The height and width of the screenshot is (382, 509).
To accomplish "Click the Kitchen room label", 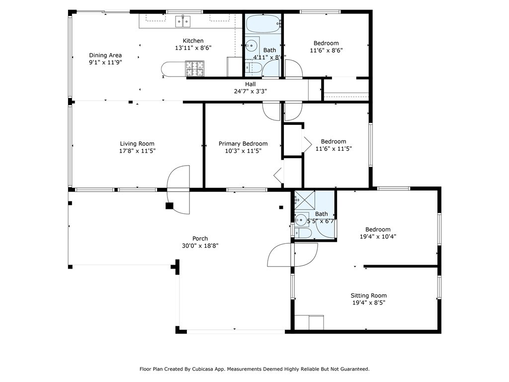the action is click(193, 41).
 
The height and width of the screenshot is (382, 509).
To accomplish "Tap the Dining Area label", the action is click(105, 55).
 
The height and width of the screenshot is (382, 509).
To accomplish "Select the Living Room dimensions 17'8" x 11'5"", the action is click(137, 151).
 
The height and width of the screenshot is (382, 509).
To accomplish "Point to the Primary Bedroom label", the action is click(243, 144).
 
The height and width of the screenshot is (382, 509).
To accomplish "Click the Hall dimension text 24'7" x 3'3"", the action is click(251, 92).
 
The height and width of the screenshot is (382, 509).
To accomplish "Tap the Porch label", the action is click(200, 238).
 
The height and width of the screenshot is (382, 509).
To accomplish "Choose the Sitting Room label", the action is click(369, 295).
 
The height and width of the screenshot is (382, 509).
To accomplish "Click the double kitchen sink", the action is click(183, 21).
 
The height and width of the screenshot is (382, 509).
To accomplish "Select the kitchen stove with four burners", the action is click(195, 69).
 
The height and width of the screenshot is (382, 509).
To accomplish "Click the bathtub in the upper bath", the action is click(263, 24).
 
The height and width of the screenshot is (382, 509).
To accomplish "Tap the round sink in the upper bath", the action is click(252, 46).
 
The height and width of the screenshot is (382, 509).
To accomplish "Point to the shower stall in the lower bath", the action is click(305, 200).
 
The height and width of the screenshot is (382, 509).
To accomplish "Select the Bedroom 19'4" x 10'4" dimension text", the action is click(378, 236).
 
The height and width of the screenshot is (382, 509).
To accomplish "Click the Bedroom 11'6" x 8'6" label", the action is click(326, 47).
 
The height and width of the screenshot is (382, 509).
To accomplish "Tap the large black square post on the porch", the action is click(170, 205).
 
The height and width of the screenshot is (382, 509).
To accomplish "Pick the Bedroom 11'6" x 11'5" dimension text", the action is click(334, 149).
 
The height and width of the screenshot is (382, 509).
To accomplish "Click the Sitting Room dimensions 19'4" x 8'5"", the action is click(369, 303).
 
